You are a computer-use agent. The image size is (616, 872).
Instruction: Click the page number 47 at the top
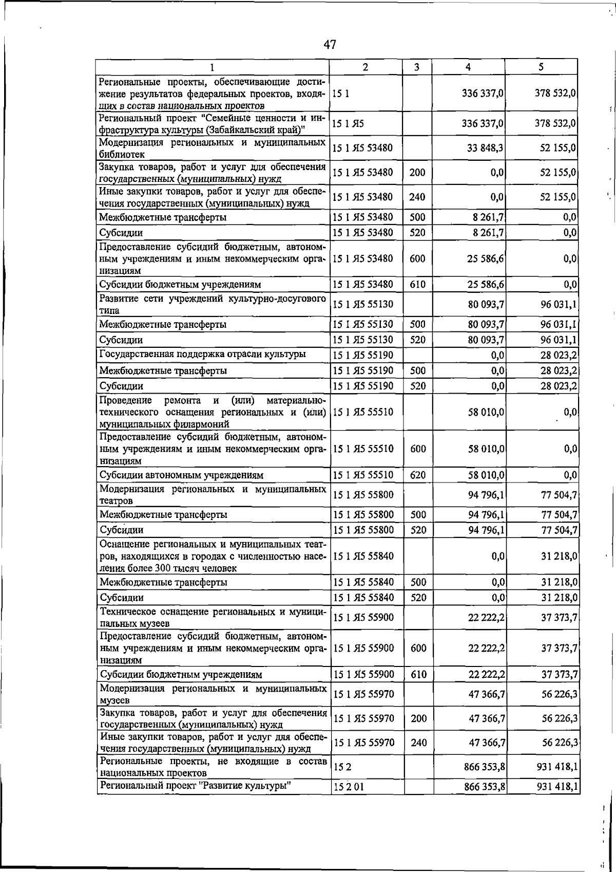pyautogui.click(x=330, y=45)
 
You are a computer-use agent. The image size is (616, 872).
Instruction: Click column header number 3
pyautogui.click(x=416, y=67)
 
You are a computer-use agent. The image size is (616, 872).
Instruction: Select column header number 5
pyautogui.click(x=541, y=67)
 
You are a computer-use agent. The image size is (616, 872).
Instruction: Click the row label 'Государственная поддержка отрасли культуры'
pyautogui.click(x=203, y=355)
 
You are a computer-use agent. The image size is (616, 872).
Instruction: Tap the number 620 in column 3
pyautogui.click(x=418, y=475)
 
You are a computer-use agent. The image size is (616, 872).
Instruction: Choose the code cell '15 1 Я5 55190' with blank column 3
pyautogui.click(x=363, y=356)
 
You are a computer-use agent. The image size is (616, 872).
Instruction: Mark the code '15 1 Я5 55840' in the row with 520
pyautogui.click(x=364, y=598)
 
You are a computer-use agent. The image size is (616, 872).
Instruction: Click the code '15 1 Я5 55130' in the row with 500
pyautogui.click(x=363, y=325)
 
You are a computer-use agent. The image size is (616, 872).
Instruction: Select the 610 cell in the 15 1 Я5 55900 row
pyautogui.click(x=418, y=675)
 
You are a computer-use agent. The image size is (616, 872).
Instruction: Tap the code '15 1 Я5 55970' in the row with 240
pyautogui.click(x=364, y=743)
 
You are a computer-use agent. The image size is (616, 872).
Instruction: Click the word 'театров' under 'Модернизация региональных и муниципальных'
pyautogui.click(x=117, y=501)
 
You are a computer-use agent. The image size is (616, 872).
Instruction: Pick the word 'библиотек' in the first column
pyautogui.click(x=122, y=154)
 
